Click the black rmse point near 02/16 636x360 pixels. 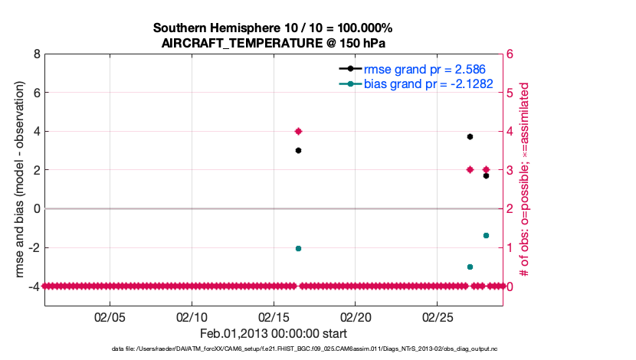point(298,150)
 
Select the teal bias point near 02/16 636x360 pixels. point(298,248)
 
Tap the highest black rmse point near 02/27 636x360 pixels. point(470,136)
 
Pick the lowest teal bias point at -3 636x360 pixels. point(470,267)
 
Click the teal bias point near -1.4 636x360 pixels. point(486,235)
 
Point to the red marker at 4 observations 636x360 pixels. point(298,131)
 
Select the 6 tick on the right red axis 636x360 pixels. point(509,54)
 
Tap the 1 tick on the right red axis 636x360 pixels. point(509,247)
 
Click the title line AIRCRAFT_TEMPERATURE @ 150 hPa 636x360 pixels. point(278,43)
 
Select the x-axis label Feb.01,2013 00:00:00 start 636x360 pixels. point(274,333)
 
